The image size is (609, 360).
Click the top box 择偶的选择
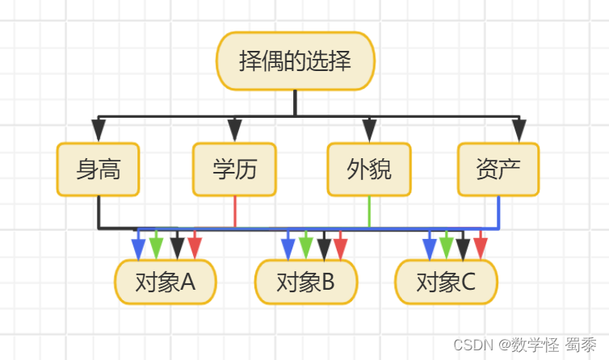(x=296, y=61)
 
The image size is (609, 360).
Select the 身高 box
(x=98, y=170)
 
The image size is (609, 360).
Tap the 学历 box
(x=234, y=170)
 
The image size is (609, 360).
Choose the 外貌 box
(x=369, y=170)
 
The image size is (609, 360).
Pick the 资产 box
(x=498, y=170)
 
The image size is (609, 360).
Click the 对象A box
(x=166, y=282)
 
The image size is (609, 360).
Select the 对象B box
(x=305, y=282)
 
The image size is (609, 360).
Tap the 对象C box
(x=446, y=282)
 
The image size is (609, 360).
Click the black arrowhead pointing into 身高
(x=99, y=130)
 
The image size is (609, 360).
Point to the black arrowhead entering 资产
(x=519, y=130)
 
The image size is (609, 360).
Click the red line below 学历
(x=235, y=211)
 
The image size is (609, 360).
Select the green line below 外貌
(x=369, y=211)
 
